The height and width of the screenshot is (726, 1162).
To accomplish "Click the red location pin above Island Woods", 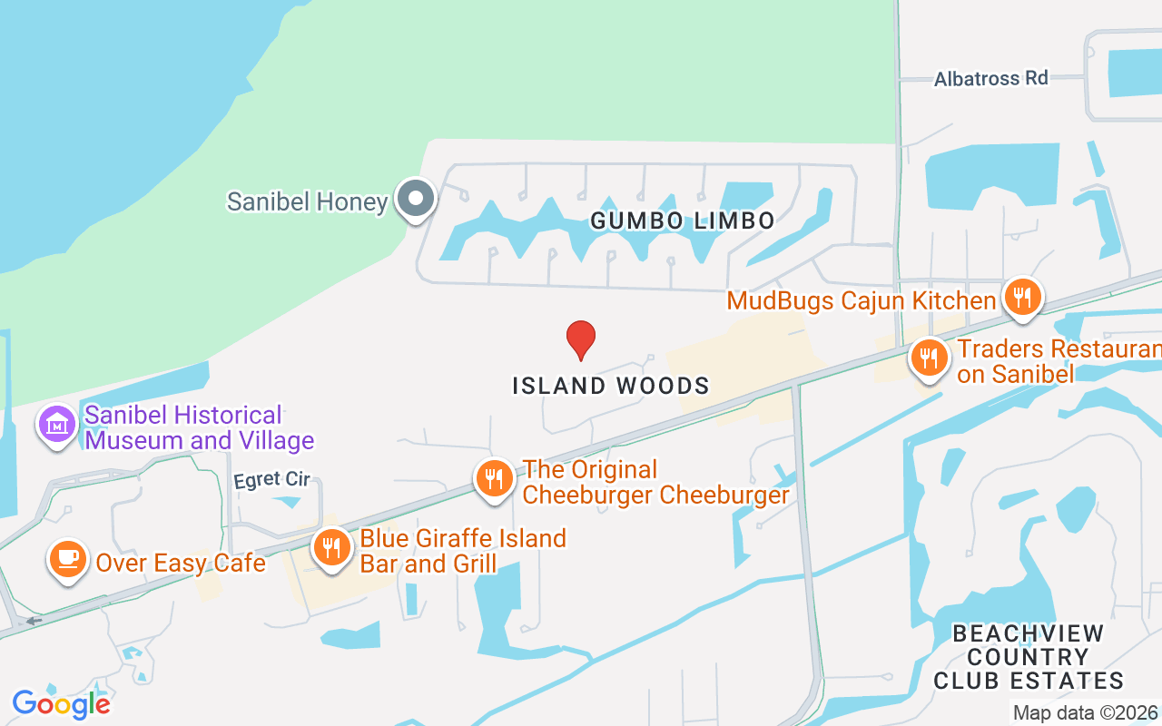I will [581, 338].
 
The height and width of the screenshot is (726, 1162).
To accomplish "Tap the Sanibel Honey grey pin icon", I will [417, 198].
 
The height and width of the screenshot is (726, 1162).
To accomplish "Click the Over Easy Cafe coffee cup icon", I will [67, 559].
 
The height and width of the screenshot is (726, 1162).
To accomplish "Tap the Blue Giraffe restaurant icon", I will [333, 548].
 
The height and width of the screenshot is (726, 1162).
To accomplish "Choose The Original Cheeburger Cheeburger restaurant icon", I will [494, 478].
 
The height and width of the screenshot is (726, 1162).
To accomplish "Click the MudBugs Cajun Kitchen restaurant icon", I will [1022, 297].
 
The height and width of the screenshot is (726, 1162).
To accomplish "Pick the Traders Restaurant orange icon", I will [929, 358].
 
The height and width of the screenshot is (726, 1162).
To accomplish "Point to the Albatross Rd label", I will [991, 79].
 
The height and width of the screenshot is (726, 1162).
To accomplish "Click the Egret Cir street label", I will [271, 480].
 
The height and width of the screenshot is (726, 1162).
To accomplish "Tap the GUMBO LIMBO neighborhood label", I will [683, 221].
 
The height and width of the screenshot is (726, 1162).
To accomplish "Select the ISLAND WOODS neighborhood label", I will [611, 386].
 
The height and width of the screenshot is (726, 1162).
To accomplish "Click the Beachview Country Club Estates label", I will [1029, 657].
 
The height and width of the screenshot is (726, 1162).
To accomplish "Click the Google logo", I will [62, 703].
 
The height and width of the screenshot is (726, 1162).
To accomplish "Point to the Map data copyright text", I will [1086, 713].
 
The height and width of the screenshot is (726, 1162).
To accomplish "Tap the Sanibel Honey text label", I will [307, 201].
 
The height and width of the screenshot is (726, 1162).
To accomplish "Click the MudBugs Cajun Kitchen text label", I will [862, 300].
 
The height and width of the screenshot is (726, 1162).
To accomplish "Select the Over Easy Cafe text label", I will [181, 564].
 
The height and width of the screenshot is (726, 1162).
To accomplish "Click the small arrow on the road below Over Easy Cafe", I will [34, 622].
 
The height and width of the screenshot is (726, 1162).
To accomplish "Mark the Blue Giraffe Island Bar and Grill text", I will [463, 551].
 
